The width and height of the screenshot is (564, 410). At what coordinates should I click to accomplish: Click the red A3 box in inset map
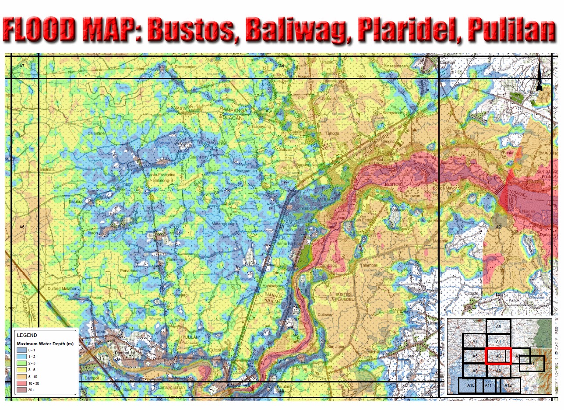[x=498, y=356]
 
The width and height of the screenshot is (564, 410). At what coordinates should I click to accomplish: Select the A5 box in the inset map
[x=498, y=326]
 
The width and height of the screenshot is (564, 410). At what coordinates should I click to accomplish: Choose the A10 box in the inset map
[x=471, y=385]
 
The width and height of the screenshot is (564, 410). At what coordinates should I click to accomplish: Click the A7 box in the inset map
[x=475, y=341]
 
